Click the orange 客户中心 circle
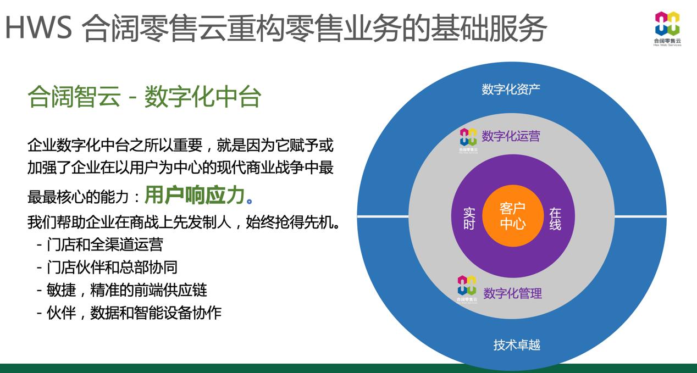[513, 216]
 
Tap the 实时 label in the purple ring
[469, 219]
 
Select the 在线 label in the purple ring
[555, 219]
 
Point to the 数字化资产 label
[511, 90]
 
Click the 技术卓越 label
[517, 344]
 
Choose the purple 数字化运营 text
[511, 136]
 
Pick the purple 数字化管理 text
[512, 293]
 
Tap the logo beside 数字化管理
[467, 289]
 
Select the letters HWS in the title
[38, 27]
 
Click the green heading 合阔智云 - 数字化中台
[145, 97]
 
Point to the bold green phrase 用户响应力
[195, 195]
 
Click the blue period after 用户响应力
[249, 201]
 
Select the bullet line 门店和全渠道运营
[100, 244]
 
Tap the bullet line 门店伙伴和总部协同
[107, 267]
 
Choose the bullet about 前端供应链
[121, 290]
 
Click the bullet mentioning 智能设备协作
[129, 313]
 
